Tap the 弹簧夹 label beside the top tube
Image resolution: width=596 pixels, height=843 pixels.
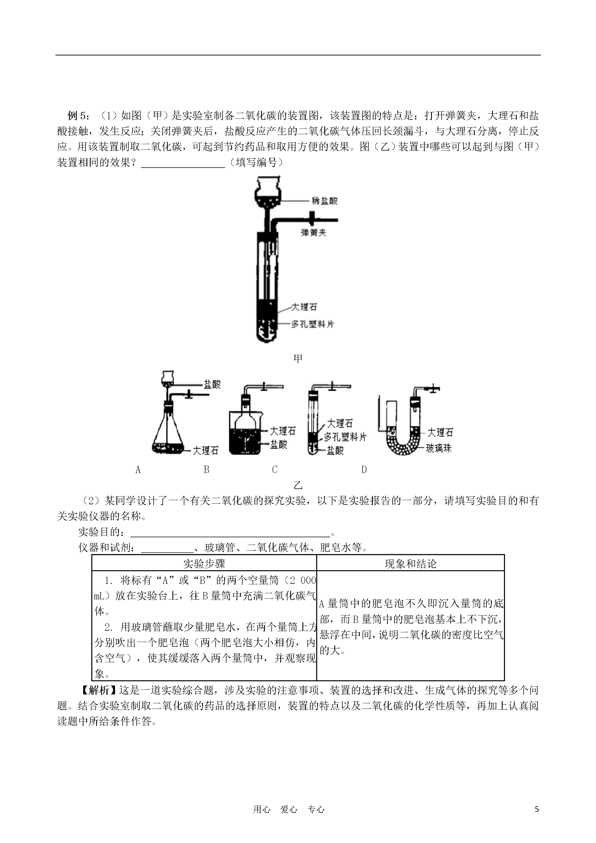point(313,233)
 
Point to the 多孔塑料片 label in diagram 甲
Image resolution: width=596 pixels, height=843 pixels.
point(312,324)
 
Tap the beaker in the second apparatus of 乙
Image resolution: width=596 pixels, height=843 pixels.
point(245,433)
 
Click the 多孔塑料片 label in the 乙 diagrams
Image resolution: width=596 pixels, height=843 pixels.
point(345,437)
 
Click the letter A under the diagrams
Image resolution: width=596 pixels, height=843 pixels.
point(138,470)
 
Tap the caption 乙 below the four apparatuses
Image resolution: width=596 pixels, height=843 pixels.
point(298,485)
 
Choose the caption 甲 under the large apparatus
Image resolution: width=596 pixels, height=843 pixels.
point(298,358)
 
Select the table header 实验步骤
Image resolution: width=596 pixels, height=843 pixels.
point(204,564)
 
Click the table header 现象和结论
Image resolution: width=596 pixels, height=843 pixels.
point(411,564)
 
